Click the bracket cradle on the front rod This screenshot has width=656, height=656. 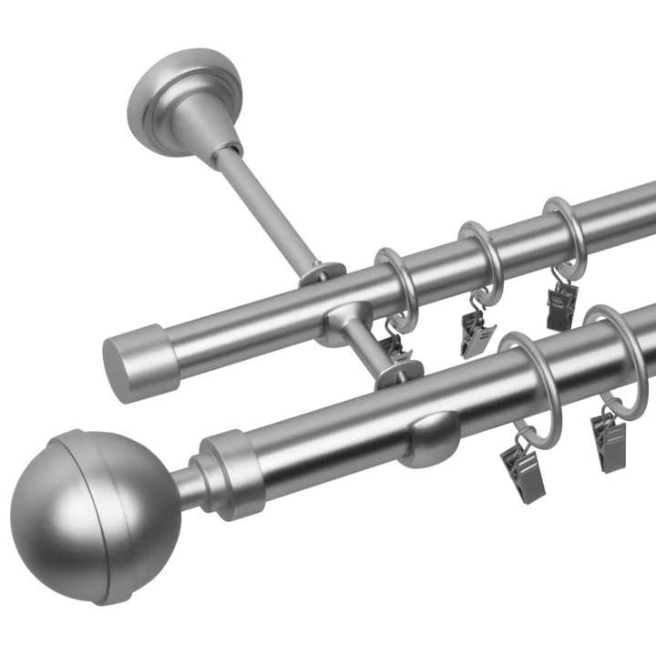coord(428,437)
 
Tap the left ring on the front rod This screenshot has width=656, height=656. coord(528,383)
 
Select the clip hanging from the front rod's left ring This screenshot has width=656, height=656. coord(520,469)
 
